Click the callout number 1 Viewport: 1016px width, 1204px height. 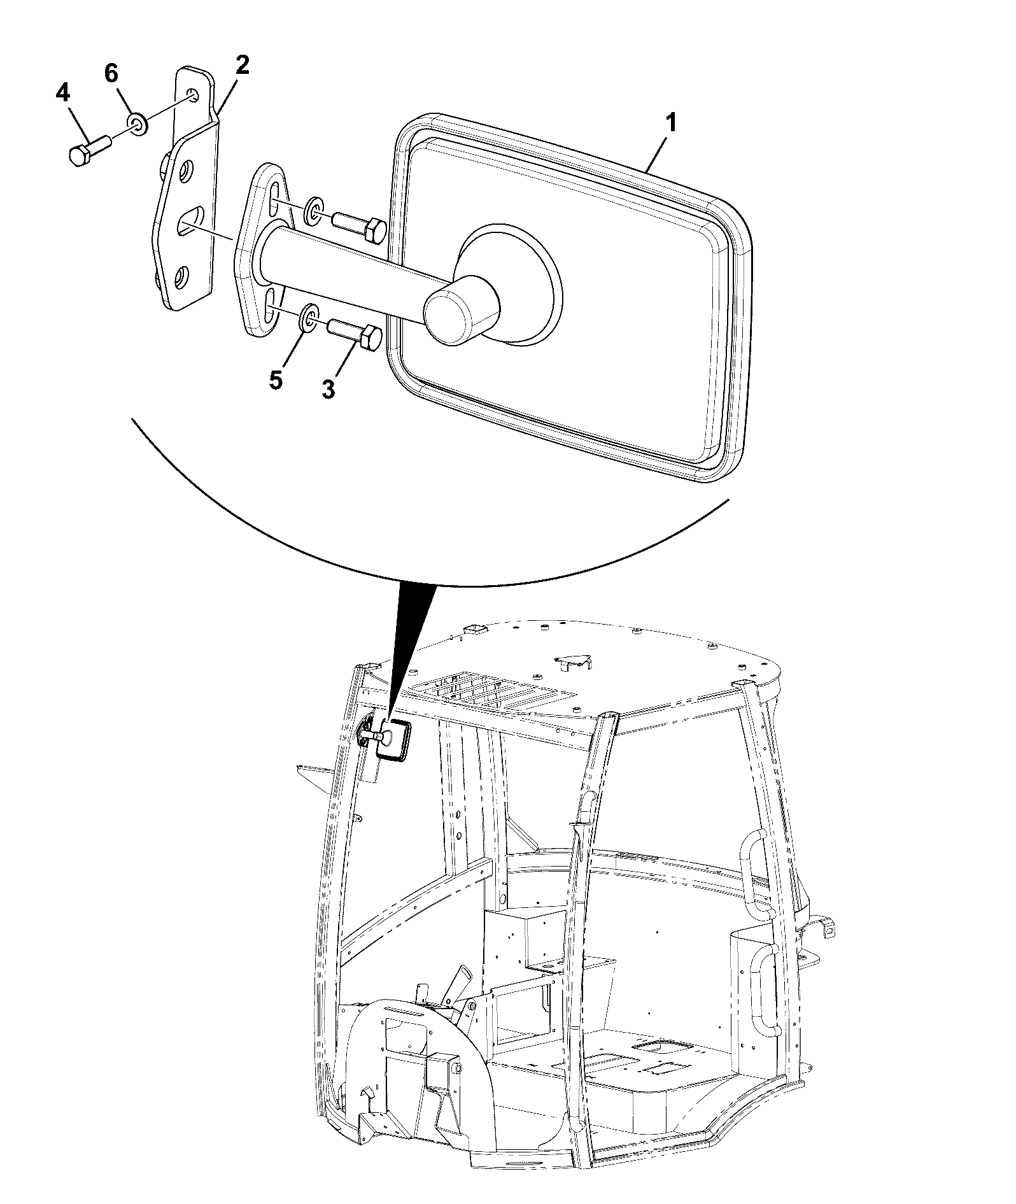[x=671, y=124]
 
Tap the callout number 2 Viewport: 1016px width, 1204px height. [x=242, y=66]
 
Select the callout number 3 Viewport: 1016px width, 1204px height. [x=328, y=388]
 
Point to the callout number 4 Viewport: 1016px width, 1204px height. [x=62, y=94]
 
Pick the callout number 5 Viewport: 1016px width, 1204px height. [x=275, y=380]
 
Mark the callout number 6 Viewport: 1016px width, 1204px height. [x=111, y=73]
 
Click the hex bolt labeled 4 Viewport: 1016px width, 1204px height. [x=89, y=151]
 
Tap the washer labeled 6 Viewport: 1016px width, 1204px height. [x=138, y=124]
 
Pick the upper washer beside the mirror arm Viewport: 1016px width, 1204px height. [x=313, y=212]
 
